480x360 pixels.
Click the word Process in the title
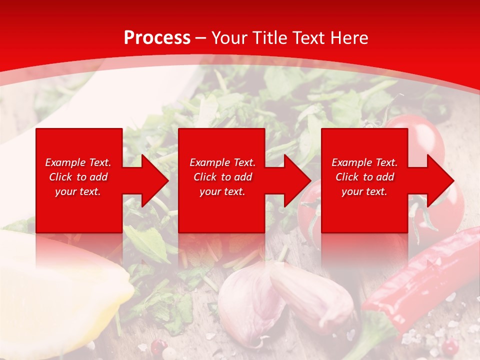[157, 37]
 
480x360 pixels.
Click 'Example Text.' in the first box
[78, 162]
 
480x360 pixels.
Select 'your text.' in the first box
[78, 191]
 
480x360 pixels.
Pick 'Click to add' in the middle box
[222, 177]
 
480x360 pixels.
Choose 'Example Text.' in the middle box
[222, 162]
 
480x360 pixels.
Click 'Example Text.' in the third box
[364, 162]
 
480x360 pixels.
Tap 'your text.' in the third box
[364, 191]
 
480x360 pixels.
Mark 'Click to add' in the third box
[364, 177]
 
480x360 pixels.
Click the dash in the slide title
[201, 37]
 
